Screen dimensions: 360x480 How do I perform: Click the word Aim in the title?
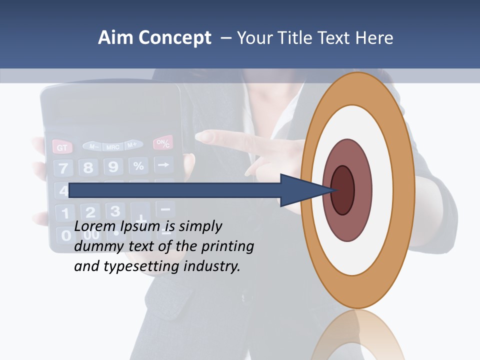click(x=116, y=38)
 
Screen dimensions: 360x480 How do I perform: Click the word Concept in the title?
click(x=174, y=38)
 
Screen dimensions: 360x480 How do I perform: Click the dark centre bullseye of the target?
click(x=342, y=190)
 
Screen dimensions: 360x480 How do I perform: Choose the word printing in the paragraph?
click(x=227, y=247)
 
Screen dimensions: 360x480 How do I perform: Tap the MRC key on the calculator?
click(x=112, y=147)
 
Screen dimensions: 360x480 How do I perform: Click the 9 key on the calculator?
click(x=113, y=166)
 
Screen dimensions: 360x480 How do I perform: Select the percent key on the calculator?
click(x=138, y=165)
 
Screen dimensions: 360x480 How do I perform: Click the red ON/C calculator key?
click(x=163, y=143)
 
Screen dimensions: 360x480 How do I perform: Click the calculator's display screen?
click(x=110, y=107)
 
